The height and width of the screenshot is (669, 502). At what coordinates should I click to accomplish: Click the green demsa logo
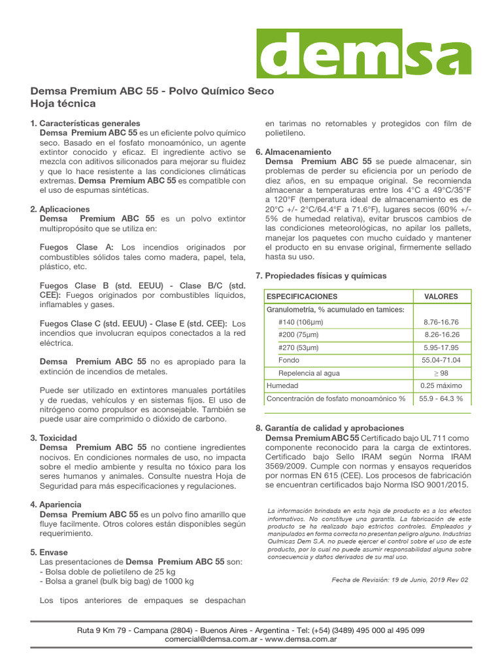[363, 54]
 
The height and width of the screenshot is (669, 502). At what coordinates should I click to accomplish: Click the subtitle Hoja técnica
[63, 104]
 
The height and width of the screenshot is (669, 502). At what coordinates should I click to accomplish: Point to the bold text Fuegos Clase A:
[76, 247]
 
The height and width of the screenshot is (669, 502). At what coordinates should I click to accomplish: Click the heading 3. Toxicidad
[58, 438]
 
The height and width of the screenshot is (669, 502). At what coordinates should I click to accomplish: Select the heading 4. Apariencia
[60, 505]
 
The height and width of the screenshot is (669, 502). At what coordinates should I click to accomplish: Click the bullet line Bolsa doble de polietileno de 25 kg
[109, 572]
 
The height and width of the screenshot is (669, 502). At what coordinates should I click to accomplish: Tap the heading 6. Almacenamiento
[293, 152]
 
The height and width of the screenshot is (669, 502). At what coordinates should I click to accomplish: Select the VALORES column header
[441, 297]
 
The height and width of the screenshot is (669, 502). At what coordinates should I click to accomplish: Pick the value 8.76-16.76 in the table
[441, 322]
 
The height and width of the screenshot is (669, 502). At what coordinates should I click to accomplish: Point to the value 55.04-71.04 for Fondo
[441, 360]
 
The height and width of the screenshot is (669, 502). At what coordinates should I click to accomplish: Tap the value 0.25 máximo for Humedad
[441, 385]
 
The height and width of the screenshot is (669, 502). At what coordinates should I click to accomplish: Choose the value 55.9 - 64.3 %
[441, 398]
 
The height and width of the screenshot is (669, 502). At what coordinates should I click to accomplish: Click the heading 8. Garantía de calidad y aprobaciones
[329, 428]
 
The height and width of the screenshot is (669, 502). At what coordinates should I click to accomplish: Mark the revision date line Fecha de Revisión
[400, 579]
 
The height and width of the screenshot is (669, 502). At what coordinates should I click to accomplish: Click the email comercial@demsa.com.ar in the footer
[212, 640]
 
